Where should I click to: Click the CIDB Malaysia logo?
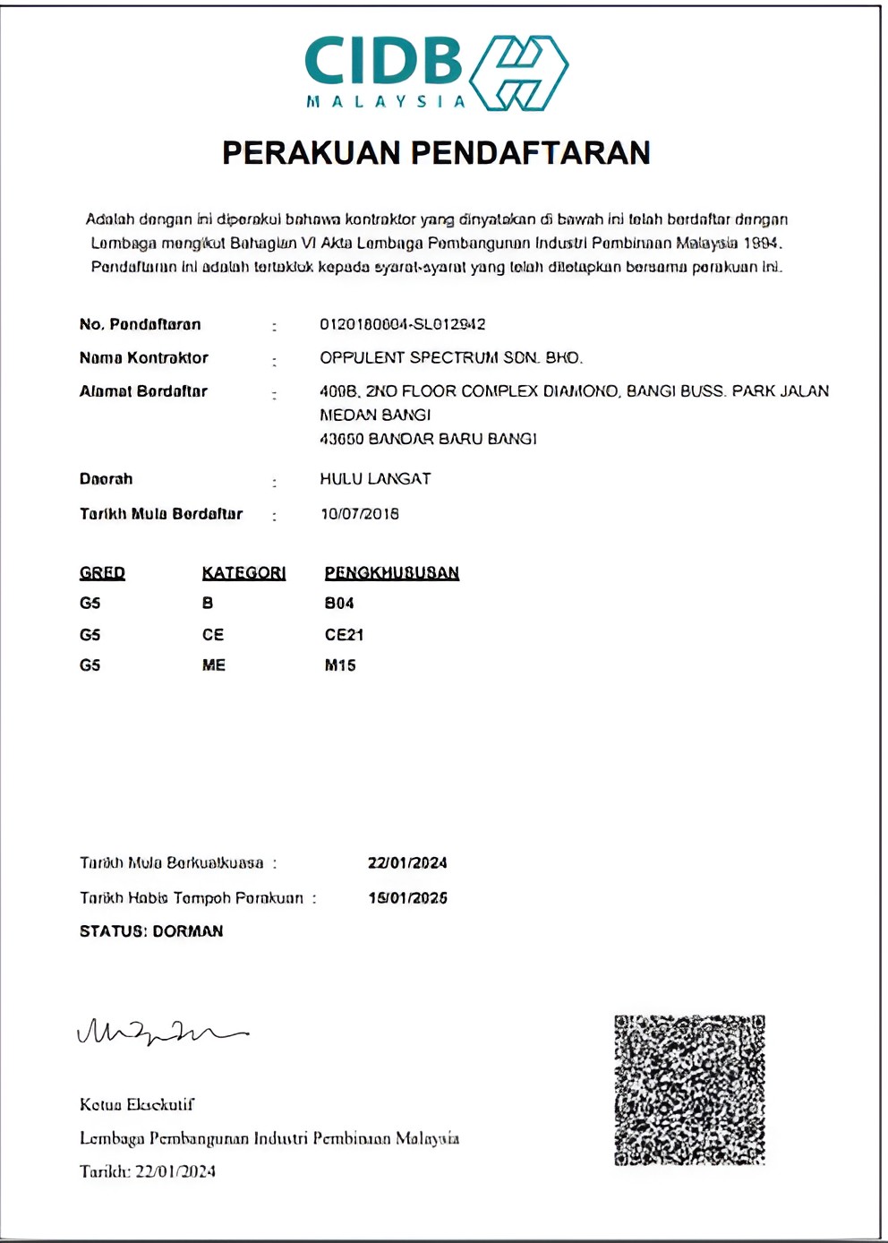click(x=436, y=73)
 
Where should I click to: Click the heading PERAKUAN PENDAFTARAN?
click(x=436, y=153)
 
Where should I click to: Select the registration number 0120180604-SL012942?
click(x=403, y=324)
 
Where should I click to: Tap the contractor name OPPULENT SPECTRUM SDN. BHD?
click(x=451, y=358)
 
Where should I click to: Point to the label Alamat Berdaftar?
click(x=143, y=391)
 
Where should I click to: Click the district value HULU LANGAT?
click(x=375, y=479)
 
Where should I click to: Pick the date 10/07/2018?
click(x=360, y=514)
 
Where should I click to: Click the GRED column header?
click(x=102, y=573)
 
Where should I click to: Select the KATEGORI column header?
click(x=243, y=573)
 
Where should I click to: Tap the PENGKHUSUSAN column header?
click(x=391, y=573)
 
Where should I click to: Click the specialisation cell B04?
click(x=339, y=604)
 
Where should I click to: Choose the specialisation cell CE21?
click(x=344, y=635)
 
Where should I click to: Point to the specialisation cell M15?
click(x=340, y=665)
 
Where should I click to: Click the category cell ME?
click(x=214, y=665)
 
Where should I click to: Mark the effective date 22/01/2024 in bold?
click(x=407, y=863)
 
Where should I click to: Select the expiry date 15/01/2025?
click(x=407, y=898)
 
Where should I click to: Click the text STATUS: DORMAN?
click(x=151, y=931)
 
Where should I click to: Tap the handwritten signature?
click(x=161, y=1033)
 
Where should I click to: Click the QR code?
click(x=689, y=1090)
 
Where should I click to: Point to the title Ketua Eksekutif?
click(x=137, y=1105)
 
